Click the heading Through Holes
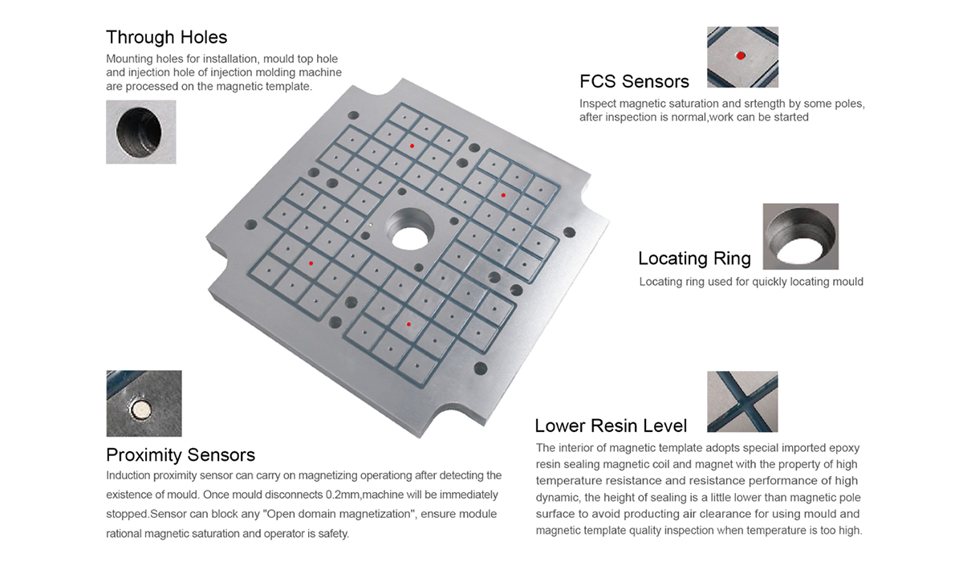click(166, 38)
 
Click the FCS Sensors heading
click(634, 82)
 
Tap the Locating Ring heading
click(694, 259)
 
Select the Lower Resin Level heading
click(611, 426)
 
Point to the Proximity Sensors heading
click(181, 455)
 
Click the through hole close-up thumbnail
click(141, 132)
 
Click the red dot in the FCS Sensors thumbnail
click(740, 55)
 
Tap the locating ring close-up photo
click(801, 237)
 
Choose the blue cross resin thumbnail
click(742, 401)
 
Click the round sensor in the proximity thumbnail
click(141, 409)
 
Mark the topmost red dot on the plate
click(412, 146)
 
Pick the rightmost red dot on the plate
click(503, 195)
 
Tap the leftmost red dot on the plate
click(311, 263)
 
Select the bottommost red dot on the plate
click(408, 324)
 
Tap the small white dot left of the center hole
click(371, 224)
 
